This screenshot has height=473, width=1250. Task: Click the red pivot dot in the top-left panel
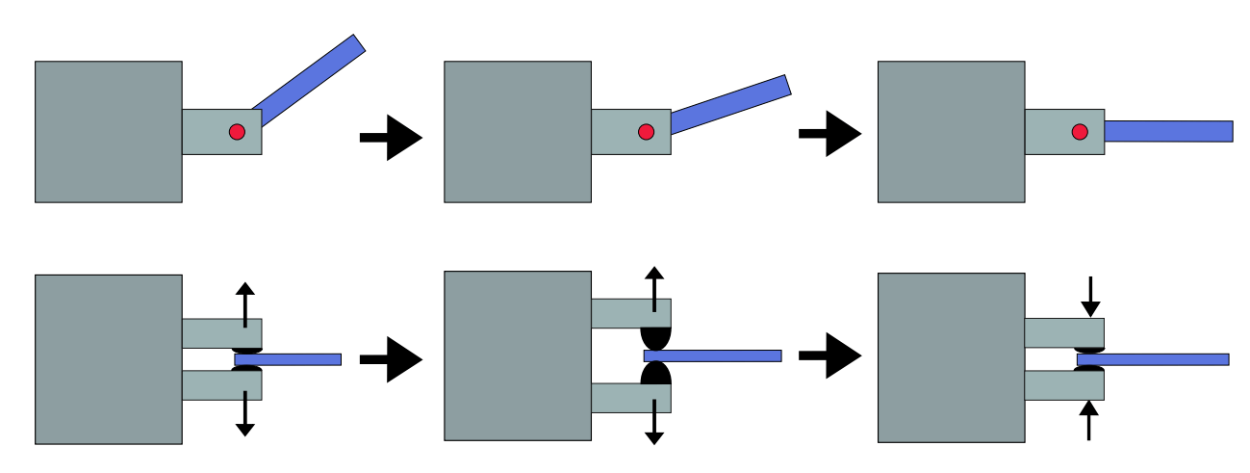[x=237, y=132]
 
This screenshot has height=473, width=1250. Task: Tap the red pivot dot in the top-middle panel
[x=646, y=132]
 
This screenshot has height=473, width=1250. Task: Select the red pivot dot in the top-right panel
[x=1080, y=132]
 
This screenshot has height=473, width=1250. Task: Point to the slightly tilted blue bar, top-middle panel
[x=731, y=104]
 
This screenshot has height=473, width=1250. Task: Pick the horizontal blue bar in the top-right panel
[x=1168, y=131]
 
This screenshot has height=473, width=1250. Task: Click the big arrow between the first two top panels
[x=392, y=137]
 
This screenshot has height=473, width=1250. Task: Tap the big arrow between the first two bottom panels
[x=392, y=359]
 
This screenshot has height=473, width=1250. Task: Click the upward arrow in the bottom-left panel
[x=245, y=303]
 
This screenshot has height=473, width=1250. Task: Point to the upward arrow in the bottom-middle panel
[x=654, y=288]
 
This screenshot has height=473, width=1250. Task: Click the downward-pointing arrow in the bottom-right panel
[x=1090, y=297]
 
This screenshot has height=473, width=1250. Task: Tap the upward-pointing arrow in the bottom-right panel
[x=1088, y=421]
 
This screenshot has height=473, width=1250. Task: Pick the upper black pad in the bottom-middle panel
[x=655, y=338]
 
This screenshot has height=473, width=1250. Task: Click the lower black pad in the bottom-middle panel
[x=655, y=374]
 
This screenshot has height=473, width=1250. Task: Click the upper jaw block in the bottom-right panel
[x=1063, y=332]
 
